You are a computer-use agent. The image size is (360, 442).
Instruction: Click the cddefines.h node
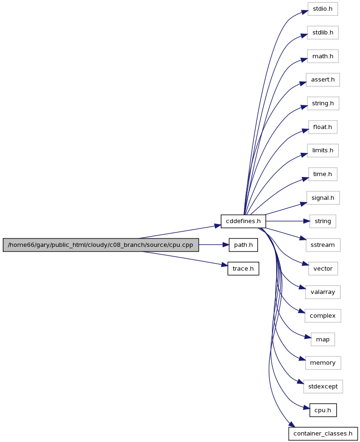tap(243, 221)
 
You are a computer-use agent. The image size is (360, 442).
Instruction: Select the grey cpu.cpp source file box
tap(101, 245)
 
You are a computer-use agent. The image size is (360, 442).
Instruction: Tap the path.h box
tap(243, 245)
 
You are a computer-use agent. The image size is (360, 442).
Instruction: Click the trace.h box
tap(243, 269)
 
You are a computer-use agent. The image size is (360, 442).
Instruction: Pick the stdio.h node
tap(323, 9)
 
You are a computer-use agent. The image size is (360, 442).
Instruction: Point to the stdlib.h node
tap(323, 33)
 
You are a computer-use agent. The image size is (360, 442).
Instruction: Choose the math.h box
tap(323, 56)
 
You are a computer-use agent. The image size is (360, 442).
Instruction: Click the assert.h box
tap(323, 80)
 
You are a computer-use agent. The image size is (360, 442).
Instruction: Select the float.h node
tap(323, 127)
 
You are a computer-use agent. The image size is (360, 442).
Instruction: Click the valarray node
tap(323, 292)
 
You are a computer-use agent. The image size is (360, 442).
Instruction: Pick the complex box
tap(323, 316)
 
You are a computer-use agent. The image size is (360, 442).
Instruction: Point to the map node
tap(323, 340)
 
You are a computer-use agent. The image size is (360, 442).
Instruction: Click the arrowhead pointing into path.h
tap(225, 245)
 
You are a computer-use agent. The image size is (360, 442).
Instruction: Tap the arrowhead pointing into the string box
tap(306, 221)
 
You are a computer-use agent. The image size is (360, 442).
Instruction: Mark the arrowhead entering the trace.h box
tap(224, 265)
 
